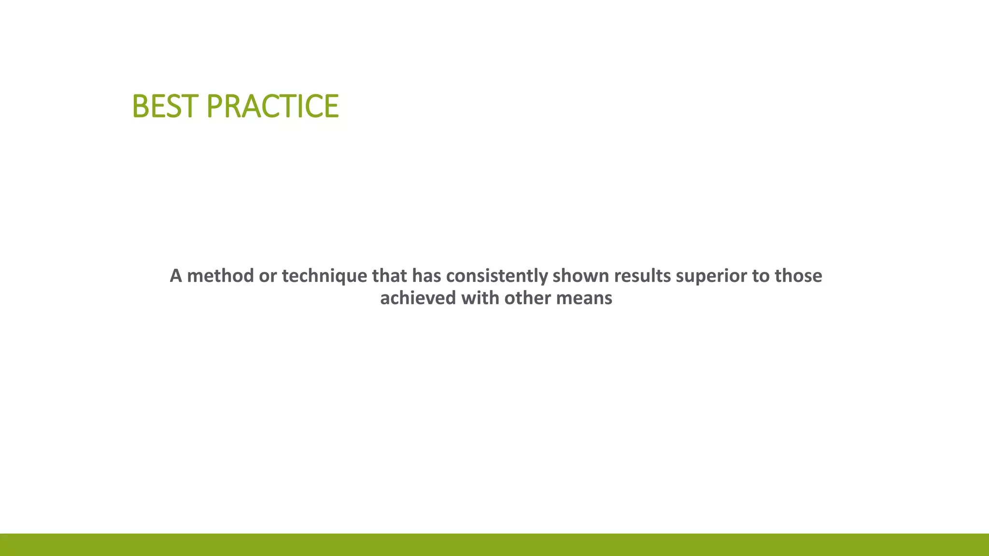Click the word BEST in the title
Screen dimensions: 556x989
point(165,106)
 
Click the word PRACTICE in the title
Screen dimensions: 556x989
point(273,106)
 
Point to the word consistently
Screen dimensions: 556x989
point(497,276)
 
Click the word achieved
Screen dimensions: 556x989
point(418,298)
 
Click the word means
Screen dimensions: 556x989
point(584,298)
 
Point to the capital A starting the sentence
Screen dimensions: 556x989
point(176,276)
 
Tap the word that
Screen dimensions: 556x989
point(390,276)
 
